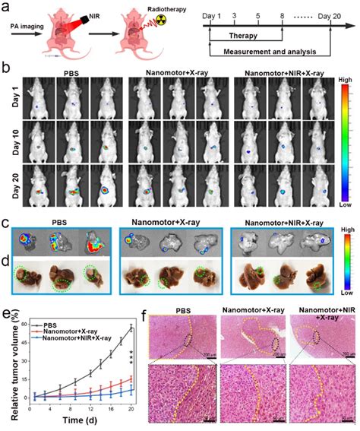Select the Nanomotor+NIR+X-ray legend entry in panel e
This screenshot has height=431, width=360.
pos(70,318)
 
